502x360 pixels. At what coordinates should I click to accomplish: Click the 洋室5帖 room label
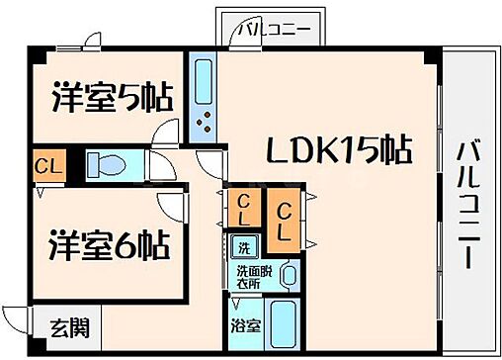[112, 99]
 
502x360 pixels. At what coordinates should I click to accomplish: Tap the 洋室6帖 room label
[109, 243]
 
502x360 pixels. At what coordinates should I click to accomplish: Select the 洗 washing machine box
[242, 245]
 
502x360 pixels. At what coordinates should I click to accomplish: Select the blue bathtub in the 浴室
[288, 322]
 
